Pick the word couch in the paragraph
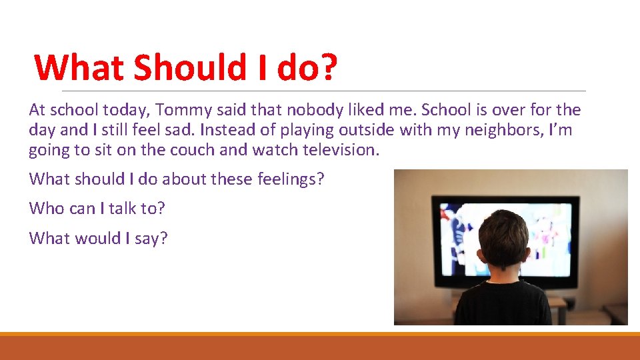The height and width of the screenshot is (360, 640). (x=193, y=150)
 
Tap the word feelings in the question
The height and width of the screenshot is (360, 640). (x=289, y=179)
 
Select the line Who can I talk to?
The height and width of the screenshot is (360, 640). (x=97, y=209)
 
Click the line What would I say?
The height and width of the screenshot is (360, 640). (x=98, y=238)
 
